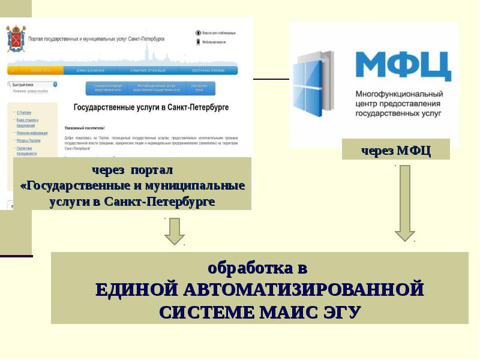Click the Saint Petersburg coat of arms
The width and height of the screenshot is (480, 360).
pos(17,39)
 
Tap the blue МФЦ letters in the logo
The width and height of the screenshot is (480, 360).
pos(403,65)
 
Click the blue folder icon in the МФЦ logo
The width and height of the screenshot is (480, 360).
pos(313,84)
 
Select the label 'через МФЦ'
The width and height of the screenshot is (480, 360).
pos(396,150)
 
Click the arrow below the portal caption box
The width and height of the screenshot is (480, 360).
pos(175,231)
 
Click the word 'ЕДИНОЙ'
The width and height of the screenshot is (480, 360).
pos(136,289)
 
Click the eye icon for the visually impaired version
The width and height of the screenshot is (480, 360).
pos(198,32)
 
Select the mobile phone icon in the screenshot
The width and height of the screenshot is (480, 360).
pos(198,42)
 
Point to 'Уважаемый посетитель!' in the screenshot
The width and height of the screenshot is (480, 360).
pos(85,128)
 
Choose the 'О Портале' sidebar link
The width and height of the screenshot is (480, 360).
pos(24,112)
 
